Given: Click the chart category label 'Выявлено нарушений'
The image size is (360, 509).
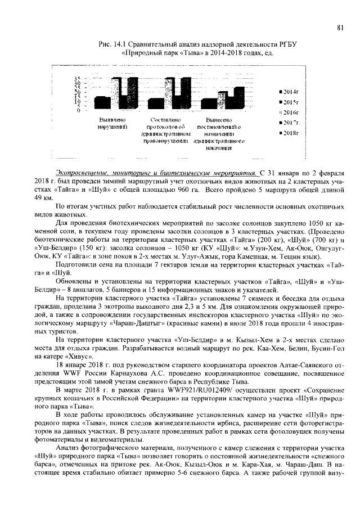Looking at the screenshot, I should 111,124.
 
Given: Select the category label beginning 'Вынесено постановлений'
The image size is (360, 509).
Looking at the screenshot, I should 218,134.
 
